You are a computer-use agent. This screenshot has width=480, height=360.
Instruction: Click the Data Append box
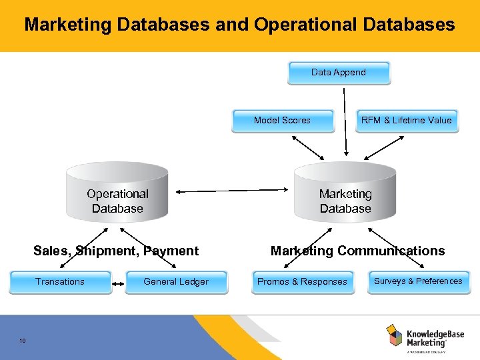coord(339,73)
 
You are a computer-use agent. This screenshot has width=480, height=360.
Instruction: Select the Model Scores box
coord(282,121)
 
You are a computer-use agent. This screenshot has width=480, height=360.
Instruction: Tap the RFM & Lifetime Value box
coord(407,121)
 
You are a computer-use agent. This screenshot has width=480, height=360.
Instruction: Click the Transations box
coord(60,282)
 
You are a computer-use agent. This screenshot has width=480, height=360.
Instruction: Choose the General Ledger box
coord(176,282)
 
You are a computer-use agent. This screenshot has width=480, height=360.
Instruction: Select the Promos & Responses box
coord(302,282)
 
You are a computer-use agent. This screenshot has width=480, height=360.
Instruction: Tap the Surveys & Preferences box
coord(418,281)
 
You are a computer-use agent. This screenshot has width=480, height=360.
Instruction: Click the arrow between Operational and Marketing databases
coord(230,191)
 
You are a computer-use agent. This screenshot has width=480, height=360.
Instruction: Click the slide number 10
coord(23,341)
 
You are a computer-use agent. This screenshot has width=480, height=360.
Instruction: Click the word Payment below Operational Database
coord(171,251)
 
